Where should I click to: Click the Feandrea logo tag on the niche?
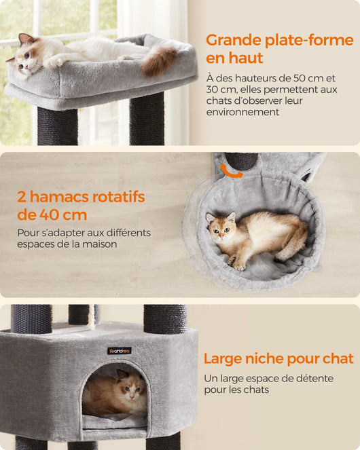(120, 350)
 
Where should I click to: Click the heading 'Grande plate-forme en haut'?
(279, 49)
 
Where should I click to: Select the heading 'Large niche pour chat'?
(278, 358)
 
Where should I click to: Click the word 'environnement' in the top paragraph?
(242, 112)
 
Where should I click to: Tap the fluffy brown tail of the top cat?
(158, 61)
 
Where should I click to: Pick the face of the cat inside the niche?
(130, 388)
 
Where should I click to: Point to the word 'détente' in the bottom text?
(314, 378)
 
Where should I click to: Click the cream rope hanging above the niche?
(91, 317)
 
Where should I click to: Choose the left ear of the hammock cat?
(211, 218)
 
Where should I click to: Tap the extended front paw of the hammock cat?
(239, 266)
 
